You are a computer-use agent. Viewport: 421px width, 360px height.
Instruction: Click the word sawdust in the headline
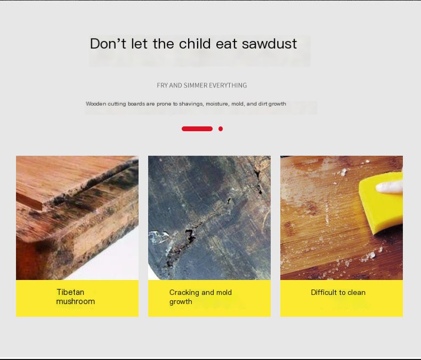point(269,44)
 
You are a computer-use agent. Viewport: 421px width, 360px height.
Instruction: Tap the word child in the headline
point(195,44)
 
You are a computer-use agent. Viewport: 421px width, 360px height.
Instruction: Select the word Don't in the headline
point(108,44)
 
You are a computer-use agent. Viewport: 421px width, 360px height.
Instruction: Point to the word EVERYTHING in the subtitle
point(228,85)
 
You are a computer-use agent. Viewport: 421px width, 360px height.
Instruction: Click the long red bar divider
point(197,129)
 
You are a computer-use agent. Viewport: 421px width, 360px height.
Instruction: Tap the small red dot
point(221,129)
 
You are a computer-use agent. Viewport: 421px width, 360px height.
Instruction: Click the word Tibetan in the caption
point(70,292)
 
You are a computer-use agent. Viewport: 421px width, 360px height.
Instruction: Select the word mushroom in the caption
point(76,301)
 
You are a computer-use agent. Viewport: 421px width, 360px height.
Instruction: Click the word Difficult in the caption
point(323,292)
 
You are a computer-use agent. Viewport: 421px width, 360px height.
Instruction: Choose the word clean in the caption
point(357,292)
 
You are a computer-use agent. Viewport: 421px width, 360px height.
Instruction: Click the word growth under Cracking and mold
point(181,302)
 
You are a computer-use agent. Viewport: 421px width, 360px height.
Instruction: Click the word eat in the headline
point(226,44)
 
